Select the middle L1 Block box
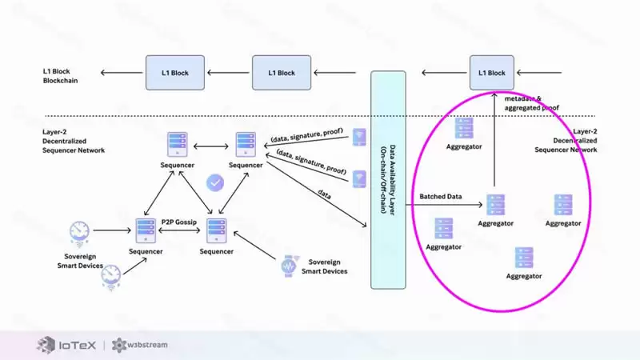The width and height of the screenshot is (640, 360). pos(275,73)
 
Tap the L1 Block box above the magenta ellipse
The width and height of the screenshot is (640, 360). pos(492,73)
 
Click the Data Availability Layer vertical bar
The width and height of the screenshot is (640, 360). pos(388,180)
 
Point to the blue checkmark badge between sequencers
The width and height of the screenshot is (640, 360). pos(214,182)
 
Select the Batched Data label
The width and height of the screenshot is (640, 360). pos(441,197)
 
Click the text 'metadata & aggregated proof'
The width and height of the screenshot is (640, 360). pos(533,102)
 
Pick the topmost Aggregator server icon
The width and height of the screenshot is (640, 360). pos(464,129)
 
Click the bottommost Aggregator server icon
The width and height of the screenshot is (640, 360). pos(524,258)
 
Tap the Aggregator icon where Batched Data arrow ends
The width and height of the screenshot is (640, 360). pos(495,204)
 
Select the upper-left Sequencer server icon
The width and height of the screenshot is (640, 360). pos(178,144)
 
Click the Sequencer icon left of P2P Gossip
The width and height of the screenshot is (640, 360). pos(146,230)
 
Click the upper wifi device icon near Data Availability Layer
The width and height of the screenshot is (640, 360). pos(359,137)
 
